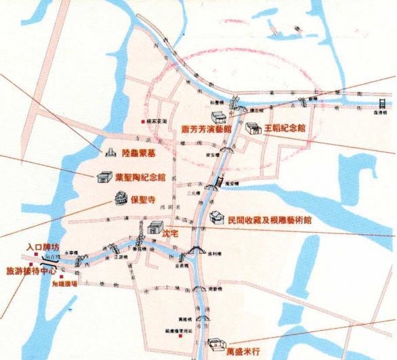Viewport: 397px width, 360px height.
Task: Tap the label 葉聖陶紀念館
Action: pyautogui.click(x=141, y=177)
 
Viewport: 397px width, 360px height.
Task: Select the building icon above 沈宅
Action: pyautogui.click(x=154, y=226)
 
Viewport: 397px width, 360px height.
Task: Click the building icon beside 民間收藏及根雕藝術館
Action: pyautogui.click(x=215, y=217)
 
